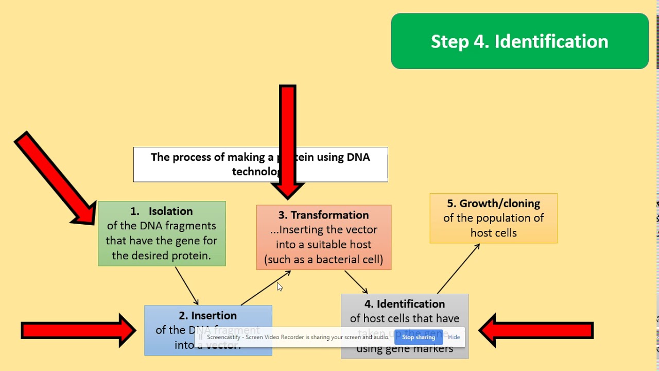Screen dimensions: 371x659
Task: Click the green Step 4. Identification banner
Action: pyautogui.click(x=519, y=41)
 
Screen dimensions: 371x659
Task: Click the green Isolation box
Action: pyautogui.click(x=162, y=233)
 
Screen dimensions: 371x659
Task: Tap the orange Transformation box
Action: pyautogui.click(x=324, y=238)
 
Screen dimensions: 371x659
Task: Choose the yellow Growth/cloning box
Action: pyautogui.click(x=493, y=218)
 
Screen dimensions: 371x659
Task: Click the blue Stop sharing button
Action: pyautogui.click(x=418, y=337)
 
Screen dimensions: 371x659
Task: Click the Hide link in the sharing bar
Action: pyautogui.click(x=454, y=337)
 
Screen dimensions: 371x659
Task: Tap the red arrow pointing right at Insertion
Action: pyautogui.click(x=77, y=330)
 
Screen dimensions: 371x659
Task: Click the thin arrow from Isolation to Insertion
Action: pyautogui.click(x=186, y=285)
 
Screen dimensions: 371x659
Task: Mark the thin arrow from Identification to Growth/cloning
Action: pyautogui.click(x=458, y=268)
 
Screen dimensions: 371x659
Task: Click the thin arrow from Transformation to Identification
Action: pyautogui.click(x=356, y=282)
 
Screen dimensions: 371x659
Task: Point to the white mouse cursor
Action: pyautogui.click(x=280, y=287)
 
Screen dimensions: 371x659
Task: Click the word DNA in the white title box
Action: pyautogui.click(x=358, y=157)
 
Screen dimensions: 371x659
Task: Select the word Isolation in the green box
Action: pyautogui.click(x=170, y=211)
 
